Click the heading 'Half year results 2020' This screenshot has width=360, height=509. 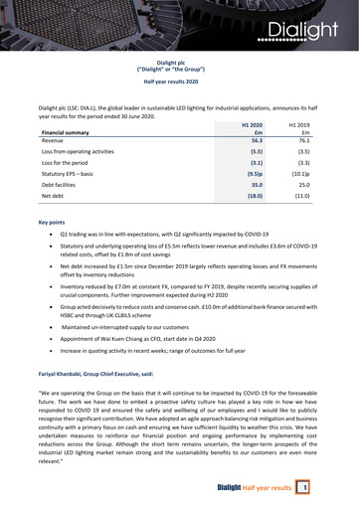pyautogui.click(x=180, y=83)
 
